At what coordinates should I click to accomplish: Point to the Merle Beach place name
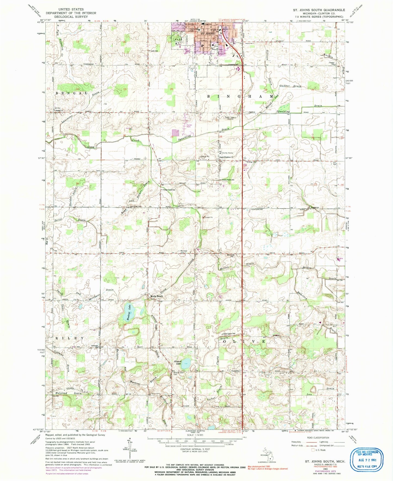pos(157,296)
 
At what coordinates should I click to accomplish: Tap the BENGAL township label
pos(72,93)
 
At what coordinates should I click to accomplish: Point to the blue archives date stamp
pos(368,460)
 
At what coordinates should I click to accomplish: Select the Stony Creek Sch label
pos(169,190)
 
